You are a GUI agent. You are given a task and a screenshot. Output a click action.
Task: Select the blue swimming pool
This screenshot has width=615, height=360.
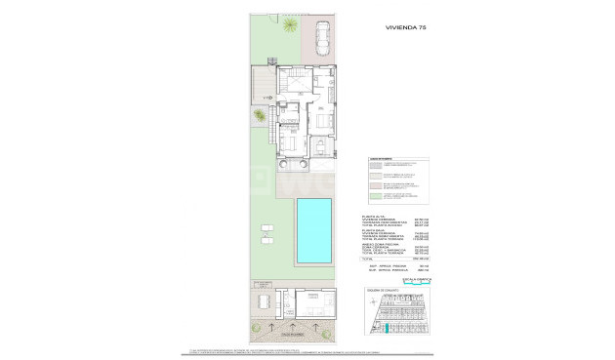pos(313,229)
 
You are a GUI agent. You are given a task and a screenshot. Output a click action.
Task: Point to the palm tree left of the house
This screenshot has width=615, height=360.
pos(260,116)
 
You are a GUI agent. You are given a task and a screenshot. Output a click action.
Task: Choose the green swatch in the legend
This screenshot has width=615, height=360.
pos(375,196)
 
